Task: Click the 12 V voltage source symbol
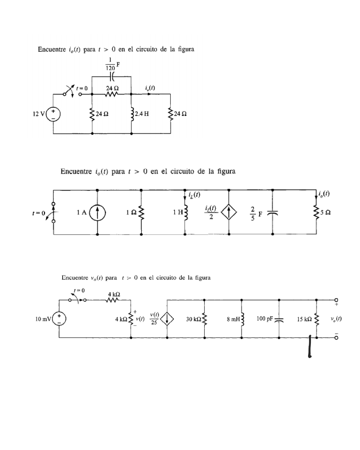tap(54, 114)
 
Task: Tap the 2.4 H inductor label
tap(142, 114)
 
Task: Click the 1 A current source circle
tap(98, 213)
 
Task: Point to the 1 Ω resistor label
tap(131, 213)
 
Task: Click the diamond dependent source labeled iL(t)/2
tap(229, 213)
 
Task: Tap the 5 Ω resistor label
tap(326, 213)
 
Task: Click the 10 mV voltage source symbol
tap(59, 319)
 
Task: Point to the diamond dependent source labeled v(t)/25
tap(167, 319)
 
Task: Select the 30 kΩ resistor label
tap(194, 319)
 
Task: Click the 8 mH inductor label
tap(233, 319)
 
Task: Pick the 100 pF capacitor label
tap(265, 319)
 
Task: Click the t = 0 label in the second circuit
tap(38, 213)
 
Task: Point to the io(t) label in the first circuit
tap(150, 88)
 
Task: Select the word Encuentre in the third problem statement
tap(75, 278)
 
